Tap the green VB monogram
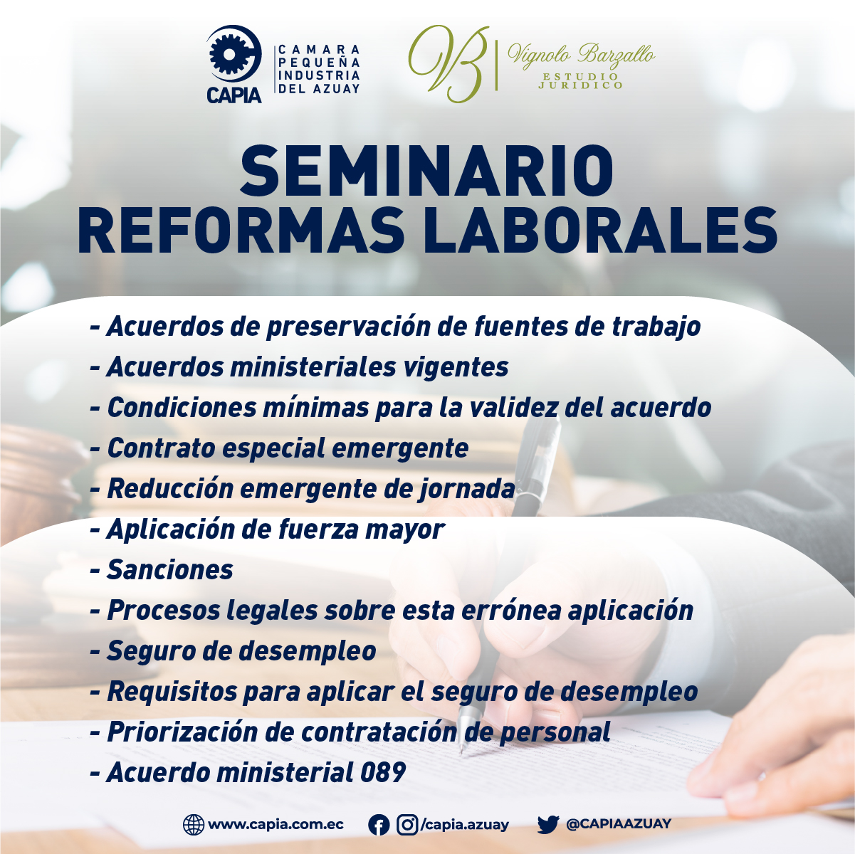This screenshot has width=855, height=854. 448,63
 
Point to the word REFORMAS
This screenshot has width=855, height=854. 241,231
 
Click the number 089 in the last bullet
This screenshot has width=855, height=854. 383,772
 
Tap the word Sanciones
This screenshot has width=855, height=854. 170,569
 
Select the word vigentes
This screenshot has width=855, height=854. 457,367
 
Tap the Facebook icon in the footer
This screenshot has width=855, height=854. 379,825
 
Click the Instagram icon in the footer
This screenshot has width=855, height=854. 407,825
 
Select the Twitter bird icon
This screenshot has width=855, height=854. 548,825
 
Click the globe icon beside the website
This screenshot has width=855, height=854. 194,825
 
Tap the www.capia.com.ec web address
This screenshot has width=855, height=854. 276,825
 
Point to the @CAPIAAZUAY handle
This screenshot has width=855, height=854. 619,824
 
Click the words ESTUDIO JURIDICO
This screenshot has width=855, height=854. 581,80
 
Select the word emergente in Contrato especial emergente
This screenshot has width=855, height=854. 400,448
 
